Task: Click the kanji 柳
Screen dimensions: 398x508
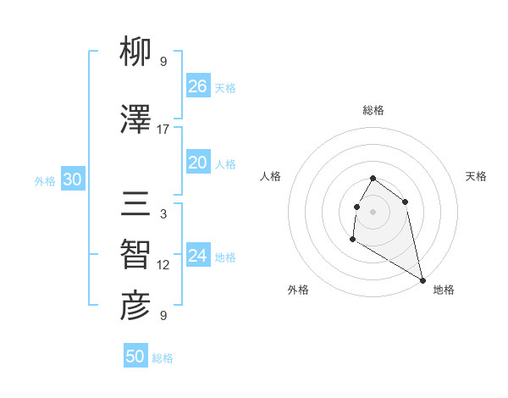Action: coord(135,53)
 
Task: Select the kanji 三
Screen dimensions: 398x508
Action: coord(135,205)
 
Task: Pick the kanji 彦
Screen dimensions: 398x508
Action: coord(135,307)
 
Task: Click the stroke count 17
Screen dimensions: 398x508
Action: coord(163,130)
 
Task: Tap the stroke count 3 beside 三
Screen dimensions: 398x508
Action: coord(163,214)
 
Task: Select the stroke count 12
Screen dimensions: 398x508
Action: coord(163,265)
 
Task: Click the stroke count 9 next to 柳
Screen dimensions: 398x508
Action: coord(163,62)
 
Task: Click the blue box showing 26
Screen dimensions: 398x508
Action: coord(197,86)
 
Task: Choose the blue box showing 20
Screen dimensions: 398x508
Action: coord(197,163)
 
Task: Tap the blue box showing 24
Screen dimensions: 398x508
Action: coord(197,256)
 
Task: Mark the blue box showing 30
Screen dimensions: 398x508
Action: coord(72,180)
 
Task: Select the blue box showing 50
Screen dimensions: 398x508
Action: coord(135,357)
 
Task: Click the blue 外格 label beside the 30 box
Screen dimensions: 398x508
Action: coord(45,181)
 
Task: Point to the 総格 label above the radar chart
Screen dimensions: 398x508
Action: coord(373,110)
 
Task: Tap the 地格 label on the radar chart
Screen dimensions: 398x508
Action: coord(444,290)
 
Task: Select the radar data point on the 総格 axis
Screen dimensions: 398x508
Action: coord(373,179)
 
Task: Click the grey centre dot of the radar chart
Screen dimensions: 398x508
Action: coord(373,211)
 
